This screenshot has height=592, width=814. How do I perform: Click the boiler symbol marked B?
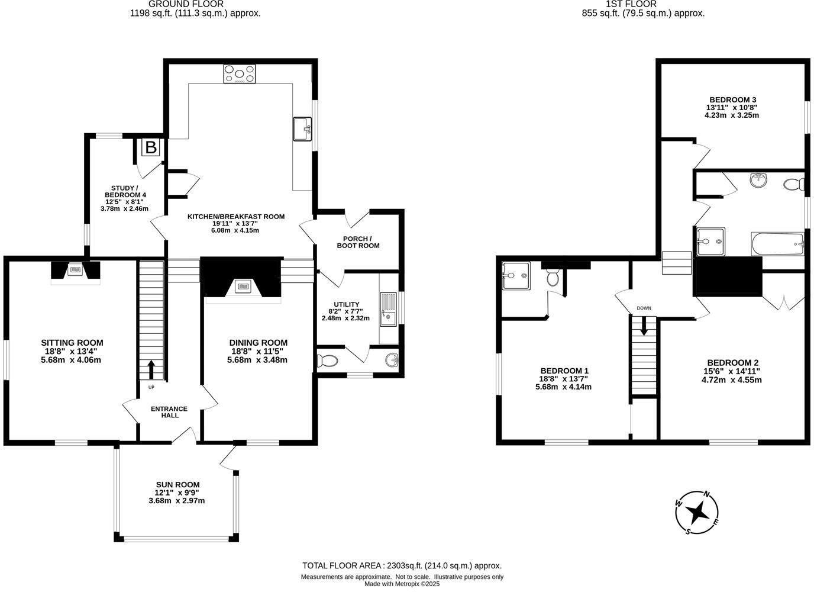click(x=151, y=147)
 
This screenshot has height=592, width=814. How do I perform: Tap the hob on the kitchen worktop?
click(x=240, y=74)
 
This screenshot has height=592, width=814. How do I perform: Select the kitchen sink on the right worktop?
click(x=302, y=129)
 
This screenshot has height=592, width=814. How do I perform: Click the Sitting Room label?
click(x=72, y=342)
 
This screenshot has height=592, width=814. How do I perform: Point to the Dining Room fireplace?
click(x=242, y=287)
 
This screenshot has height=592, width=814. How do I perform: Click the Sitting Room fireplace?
click(x=75, y=271)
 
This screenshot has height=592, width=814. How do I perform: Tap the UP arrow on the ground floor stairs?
click(x=150, y=370)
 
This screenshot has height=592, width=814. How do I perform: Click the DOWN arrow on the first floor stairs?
click(x=644, y=325)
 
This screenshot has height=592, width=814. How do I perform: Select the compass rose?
click(x=698, y=512)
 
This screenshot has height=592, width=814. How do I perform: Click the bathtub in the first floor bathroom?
click(x=777, y=244)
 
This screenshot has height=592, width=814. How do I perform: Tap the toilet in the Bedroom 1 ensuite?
click(x=553, y=277)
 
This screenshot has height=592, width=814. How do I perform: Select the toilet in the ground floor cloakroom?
click(x=327, y=360)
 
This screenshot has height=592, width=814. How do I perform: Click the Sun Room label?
click(x=177, y=484)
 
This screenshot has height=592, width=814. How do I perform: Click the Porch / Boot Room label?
click(x=358, y=242)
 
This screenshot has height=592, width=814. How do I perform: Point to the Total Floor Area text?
click(x=402, y=565)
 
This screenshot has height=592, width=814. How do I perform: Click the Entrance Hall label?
click(x=169, y=411)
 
